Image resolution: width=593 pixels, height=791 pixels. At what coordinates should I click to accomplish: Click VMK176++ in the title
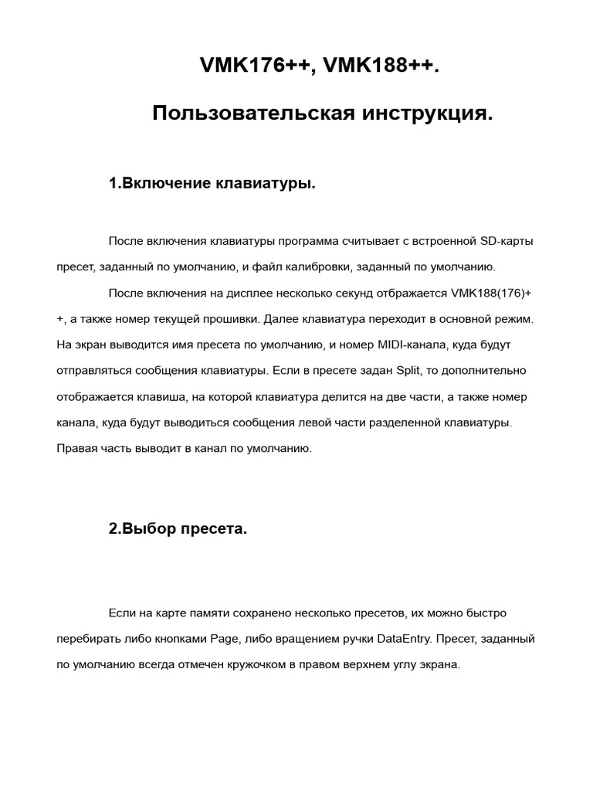point(255,66)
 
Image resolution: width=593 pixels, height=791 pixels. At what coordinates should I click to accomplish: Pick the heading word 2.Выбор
point(142,529)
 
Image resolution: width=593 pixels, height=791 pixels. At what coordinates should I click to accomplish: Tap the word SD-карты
point(507,241)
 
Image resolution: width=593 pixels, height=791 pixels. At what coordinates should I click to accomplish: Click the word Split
point(409,370)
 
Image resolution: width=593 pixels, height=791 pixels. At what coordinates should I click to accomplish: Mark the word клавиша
point(161,396)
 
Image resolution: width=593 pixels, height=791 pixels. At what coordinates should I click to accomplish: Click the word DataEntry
point(407,639)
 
